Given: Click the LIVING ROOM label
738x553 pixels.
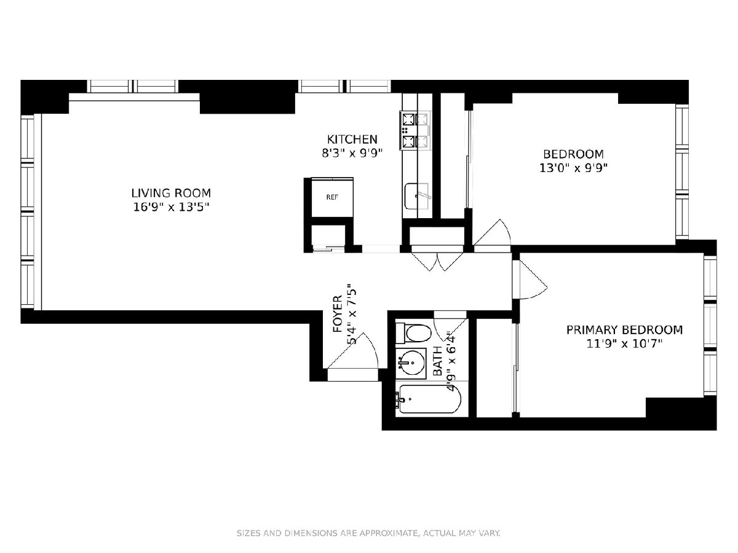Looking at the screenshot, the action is point(171,193).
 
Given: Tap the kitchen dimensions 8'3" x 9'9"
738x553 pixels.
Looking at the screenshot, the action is point(352,154).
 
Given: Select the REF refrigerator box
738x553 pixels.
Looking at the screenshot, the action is point(332,197).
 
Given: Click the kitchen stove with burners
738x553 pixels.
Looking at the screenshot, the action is point(415,130).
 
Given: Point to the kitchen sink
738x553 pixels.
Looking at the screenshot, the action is point(417,196).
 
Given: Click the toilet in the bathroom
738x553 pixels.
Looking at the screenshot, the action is point(413,334).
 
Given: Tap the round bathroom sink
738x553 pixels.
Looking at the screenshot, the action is point(413,363).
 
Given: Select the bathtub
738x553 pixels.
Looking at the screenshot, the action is point(428,399).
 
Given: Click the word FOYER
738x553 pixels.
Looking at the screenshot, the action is point(338,313).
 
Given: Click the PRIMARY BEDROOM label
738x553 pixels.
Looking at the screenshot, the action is point(624,330).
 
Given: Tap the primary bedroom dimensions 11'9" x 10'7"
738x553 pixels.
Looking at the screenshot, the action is point(624,344).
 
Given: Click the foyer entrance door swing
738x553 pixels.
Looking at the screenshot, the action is point(353,351).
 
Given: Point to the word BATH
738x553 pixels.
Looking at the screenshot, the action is point(437,361).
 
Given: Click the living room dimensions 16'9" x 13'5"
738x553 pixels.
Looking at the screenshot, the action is point(171,207).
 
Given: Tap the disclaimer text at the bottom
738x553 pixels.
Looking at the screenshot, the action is point(368,533).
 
